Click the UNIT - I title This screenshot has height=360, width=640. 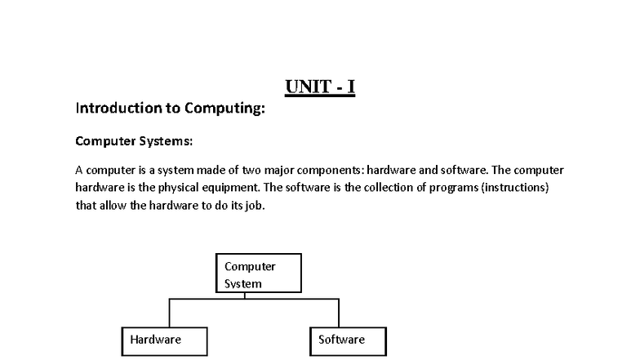pyautogui.click(x=320, y=87)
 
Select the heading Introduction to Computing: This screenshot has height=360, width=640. pyautogui.click(x=170, y=108)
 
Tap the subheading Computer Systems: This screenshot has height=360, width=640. pyautogui.click(x=134, y=141)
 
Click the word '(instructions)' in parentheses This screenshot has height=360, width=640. pyautogui.click(x=515, y=188)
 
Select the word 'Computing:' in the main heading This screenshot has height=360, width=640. pyautogui.click(x=225, y=109)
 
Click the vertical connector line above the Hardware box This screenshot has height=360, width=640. pyautogui.click(x=170, y=313)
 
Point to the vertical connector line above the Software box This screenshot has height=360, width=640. pyautogui.click(x=339, y=313)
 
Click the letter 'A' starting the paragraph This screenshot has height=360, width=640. pyautogui.click(x=79, y=170)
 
